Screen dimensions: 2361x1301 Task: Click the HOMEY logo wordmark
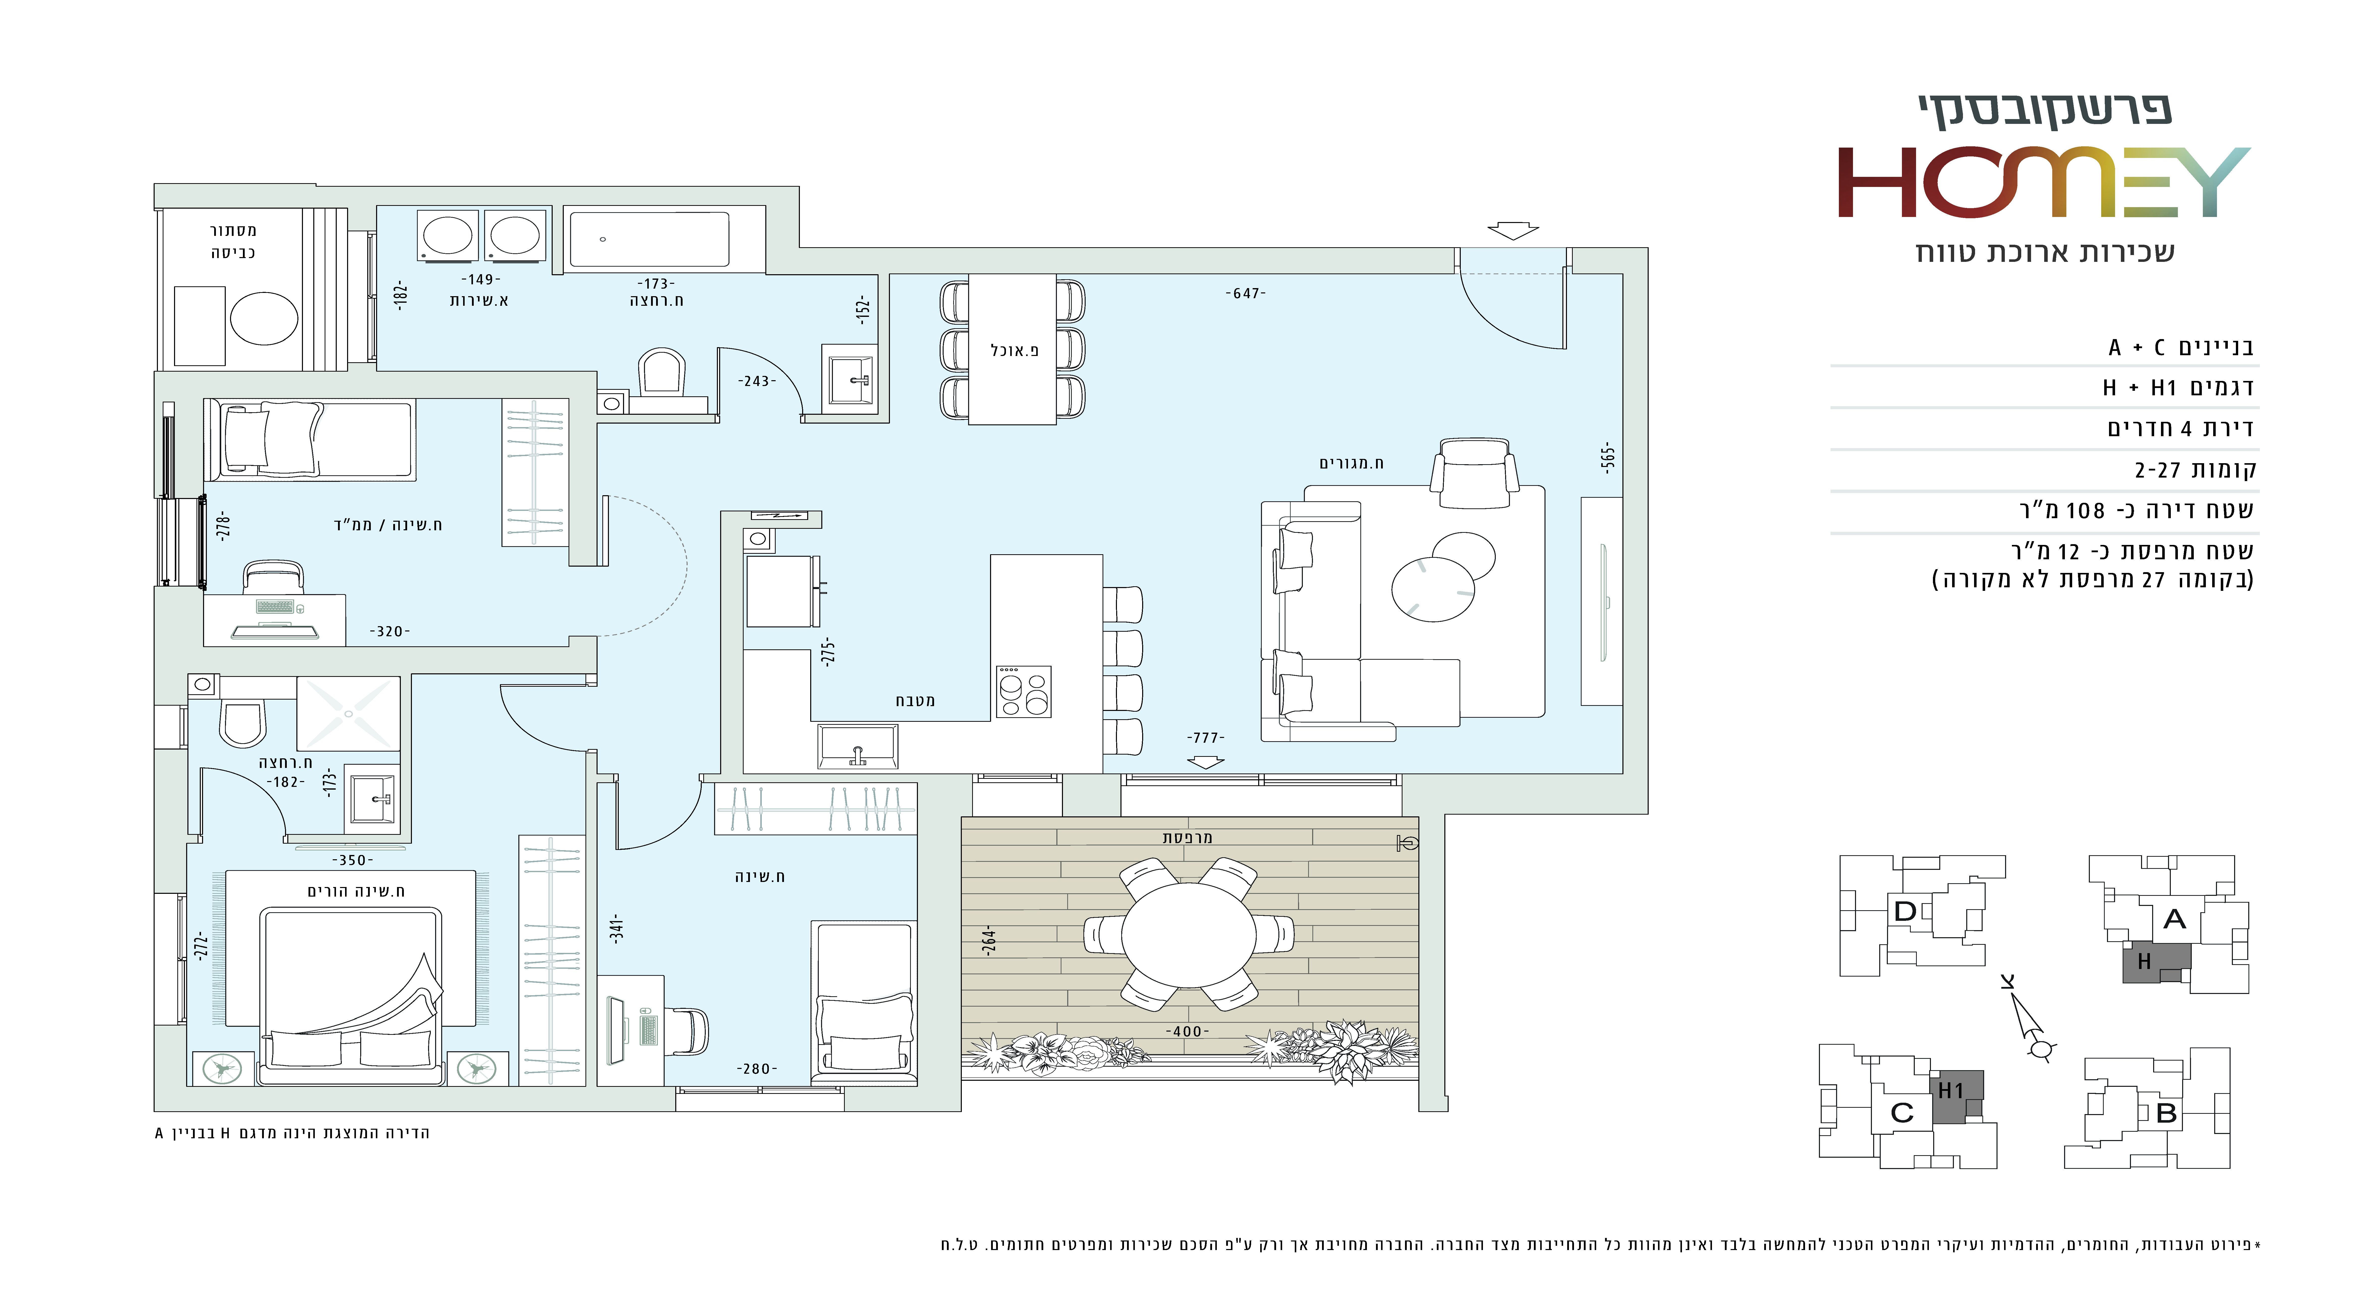pos(2044,182)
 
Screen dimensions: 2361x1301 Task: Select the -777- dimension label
pos(1205,737)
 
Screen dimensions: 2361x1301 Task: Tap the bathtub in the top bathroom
pos(649,239)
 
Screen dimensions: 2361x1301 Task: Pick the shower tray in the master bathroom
pos(348,713)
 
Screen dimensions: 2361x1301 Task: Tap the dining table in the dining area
pos(1013,349)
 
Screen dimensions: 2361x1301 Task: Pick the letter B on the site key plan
pos(2167,1113)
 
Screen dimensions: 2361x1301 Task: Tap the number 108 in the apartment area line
pos(2085,511)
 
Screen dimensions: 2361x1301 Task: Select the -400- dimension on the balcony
pos(1187,1032)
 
